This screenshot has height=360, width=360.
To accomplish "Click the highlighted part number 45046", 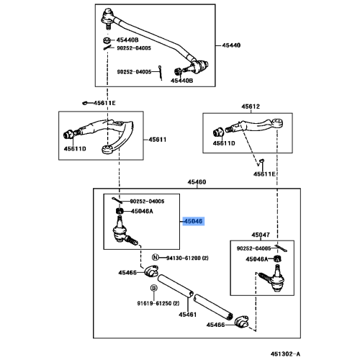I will [x=194, y=222].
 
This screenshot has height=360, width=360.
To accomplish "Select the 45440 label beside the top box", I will [x=231, y=45].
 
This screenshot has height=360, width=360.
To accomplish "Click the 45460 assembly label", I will [x=197, y=183].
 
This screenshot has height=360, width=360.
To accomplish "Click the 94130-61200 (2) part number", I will [x=185, y=257].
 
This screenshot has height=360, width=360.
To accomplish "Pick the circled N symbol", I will [x=154, y=257].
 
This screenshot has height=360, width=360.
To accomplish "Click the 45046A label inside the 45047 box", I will [x=256, y=258].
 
